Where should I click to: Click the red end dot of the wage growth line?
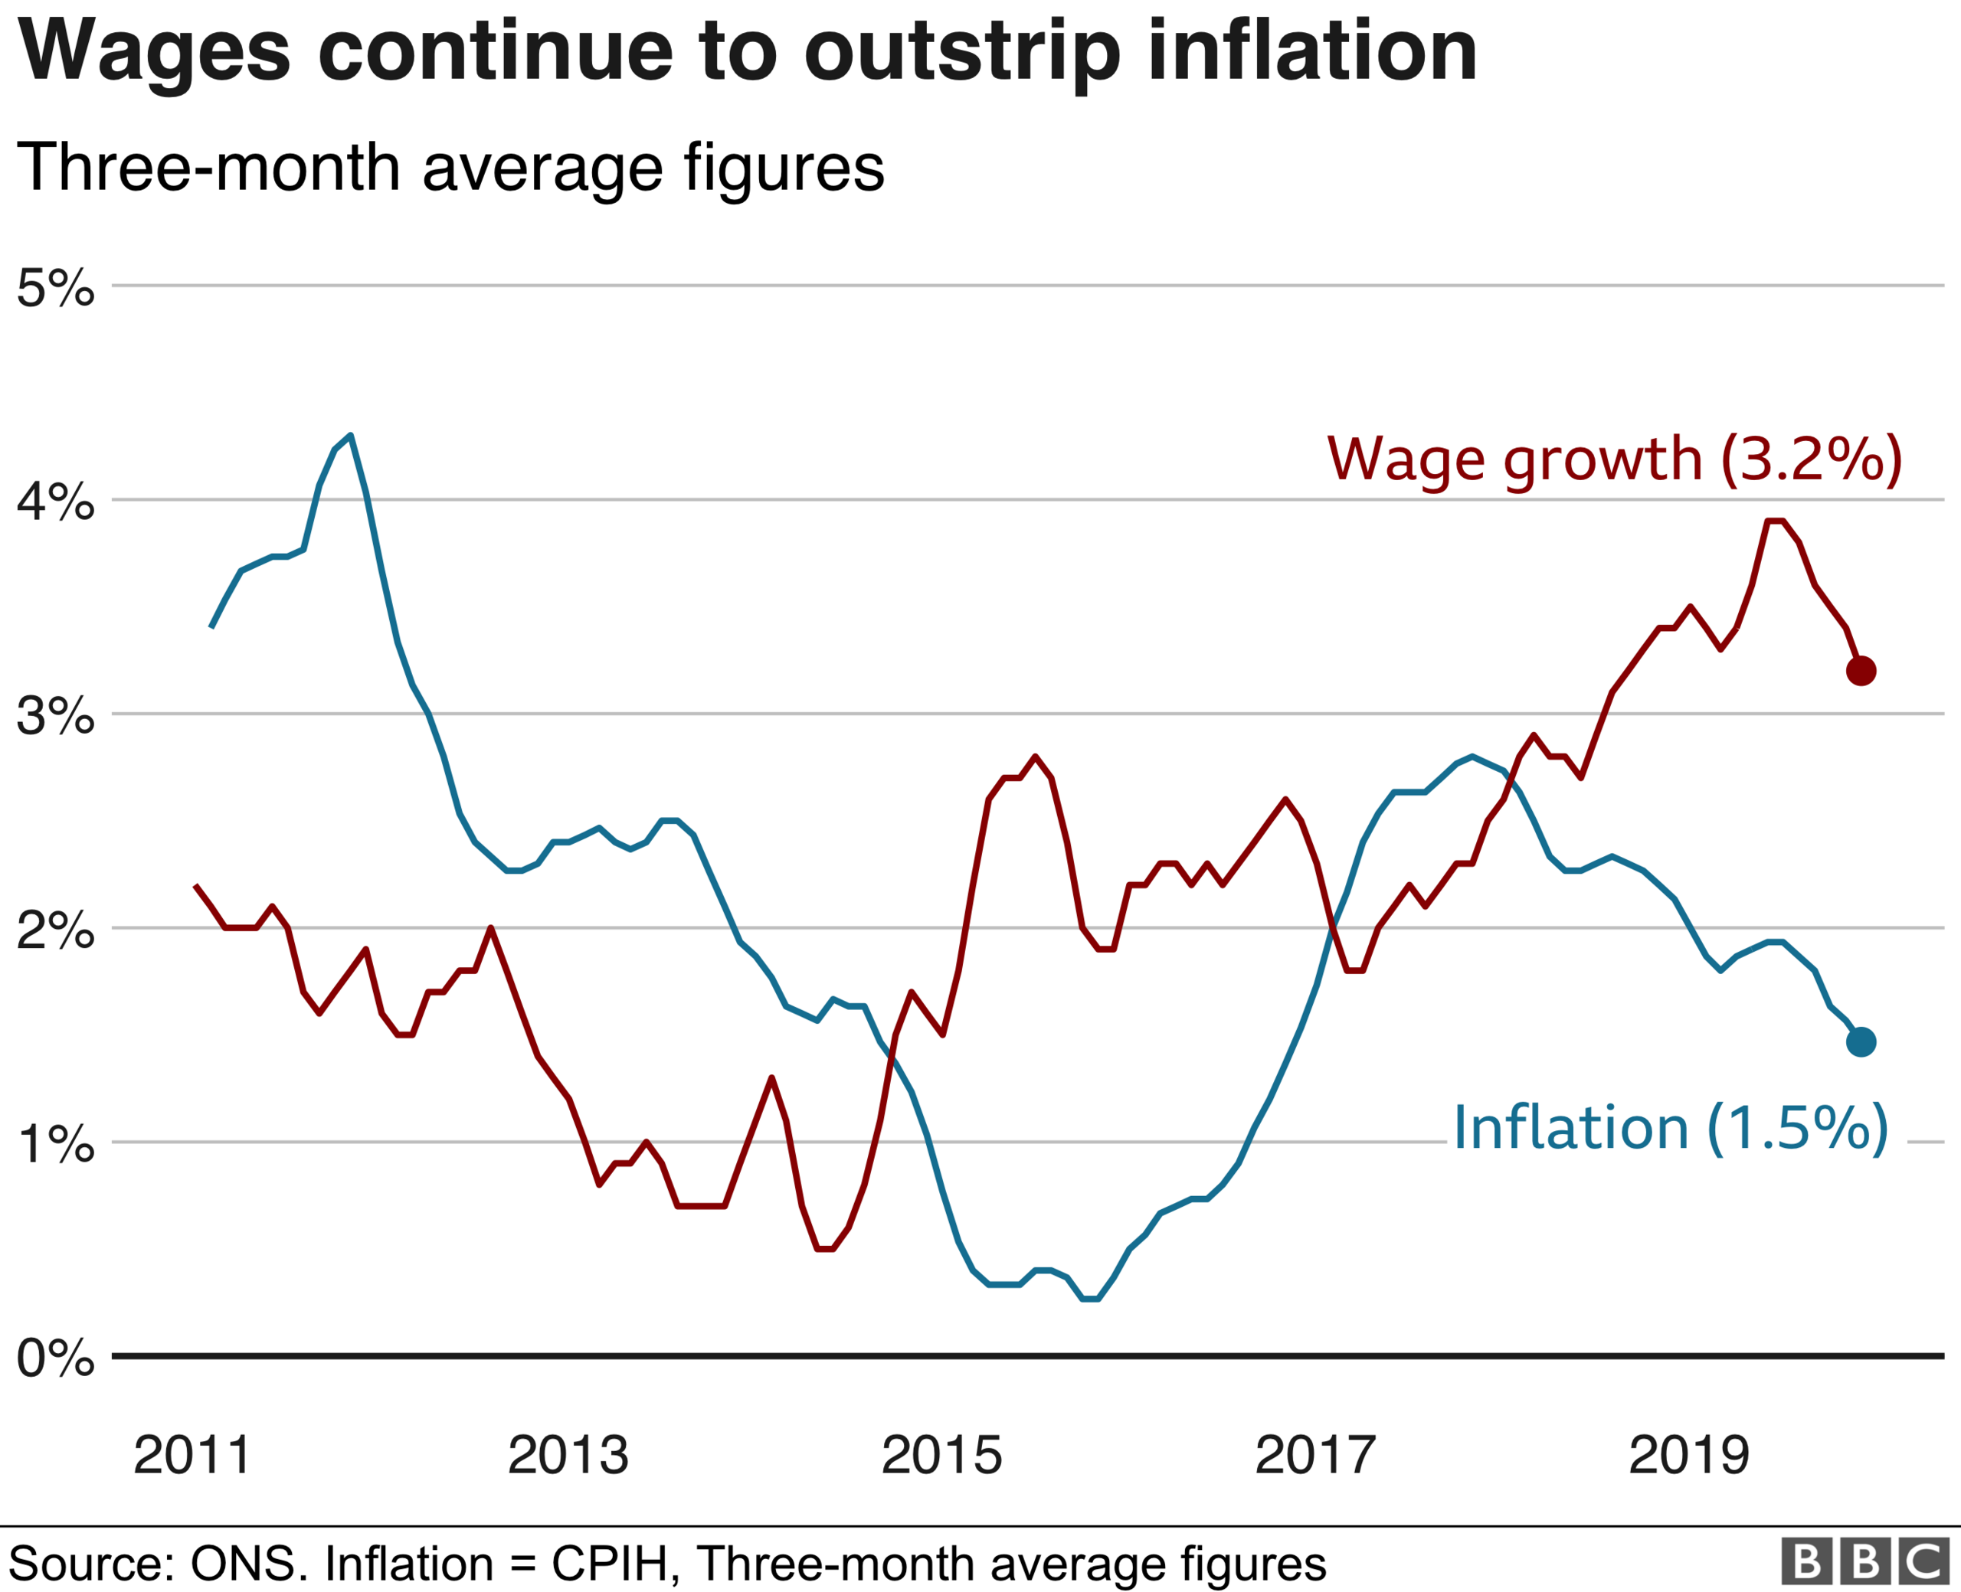tap(1860, 672)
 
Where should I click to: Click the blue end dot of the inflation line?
tap(1860, 1041)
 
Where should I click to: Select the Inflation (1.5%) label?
tap(1670, 1128)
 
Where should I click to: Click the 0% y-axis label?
tap(56, 1358)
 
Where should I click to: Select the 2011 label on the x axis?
tap(192, 1456)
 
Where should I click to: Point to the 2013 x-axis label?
tap(568, 1456)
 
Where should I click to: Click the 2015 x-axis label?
tap(942, 1456)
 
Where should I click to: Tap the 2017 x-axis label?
tap(1315, 1456)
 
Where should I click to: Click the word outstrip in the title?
tap(962, 53)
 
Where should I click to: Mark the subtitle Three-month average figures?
tap(450, 168)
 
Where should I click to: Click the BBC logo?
tap(1865, 1561)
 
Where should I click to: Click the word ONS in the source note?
tap(247, 1564)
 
